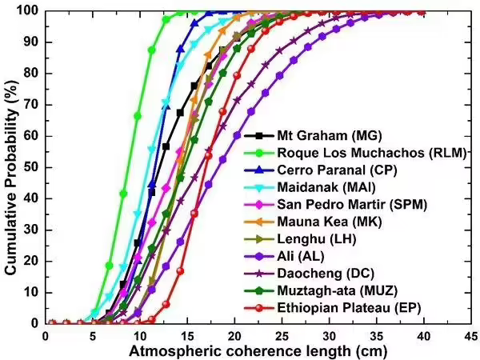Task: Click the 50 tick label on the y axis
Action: [x=32, y=167]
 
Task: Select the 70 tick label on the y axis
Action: [x=32, y=105]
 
